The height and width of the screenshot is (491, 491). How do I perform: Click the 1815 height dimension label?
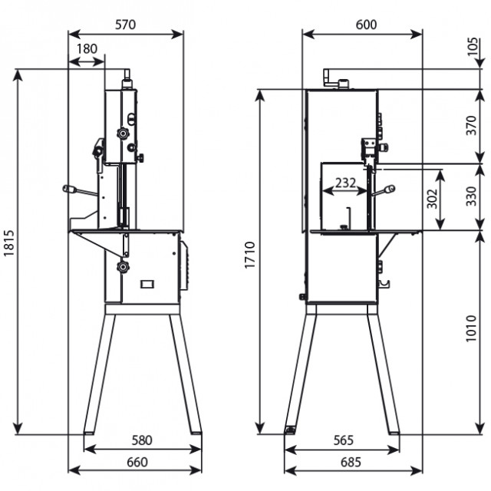(9, 243)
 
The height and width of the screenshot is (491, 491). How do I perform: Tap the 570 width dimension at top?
(125, 25)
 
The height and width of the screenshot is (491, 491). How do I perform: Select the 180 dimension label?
(87, 49)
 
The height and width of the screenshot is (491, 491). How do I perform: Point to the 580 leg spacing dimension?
(142, 440)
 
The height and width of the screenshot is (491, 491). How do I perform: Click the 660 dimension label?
(137, 462)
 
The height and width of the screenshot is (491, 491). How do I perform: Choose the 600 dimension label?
(366, 25)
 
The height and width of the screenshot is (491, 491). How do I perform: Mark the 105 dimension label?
(473, 47)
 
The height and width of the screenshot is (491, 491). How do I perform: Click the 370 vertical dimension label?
(471, 125)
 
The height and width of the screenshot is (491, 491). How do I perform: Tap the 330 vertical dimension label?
(471, 196)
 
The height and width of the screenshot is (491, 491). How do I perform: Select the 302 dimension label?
(432, 199)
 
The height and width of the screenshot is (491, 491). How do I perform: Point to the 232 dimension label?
(345, 183)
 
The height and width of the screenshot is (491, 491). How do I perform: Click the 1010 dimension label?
(471, 328)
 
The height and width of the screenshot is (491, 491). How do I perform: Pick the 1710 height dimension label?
(250, 255)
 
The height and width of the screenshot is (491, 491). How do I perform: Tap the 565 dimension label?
(344, 440)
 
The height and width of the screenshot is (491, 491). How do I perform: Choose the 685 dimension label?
(351, 462)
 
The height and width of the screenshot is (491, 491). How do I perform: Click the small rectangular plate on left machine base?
(147, 284)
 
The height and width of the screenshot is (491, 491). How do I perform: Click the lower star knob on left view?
(123, 267)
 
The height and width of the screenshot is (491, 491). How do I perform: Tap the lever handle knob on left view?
(70, 189)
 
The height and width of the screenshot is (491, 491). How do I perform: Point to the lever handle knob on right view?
(390, 189)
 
